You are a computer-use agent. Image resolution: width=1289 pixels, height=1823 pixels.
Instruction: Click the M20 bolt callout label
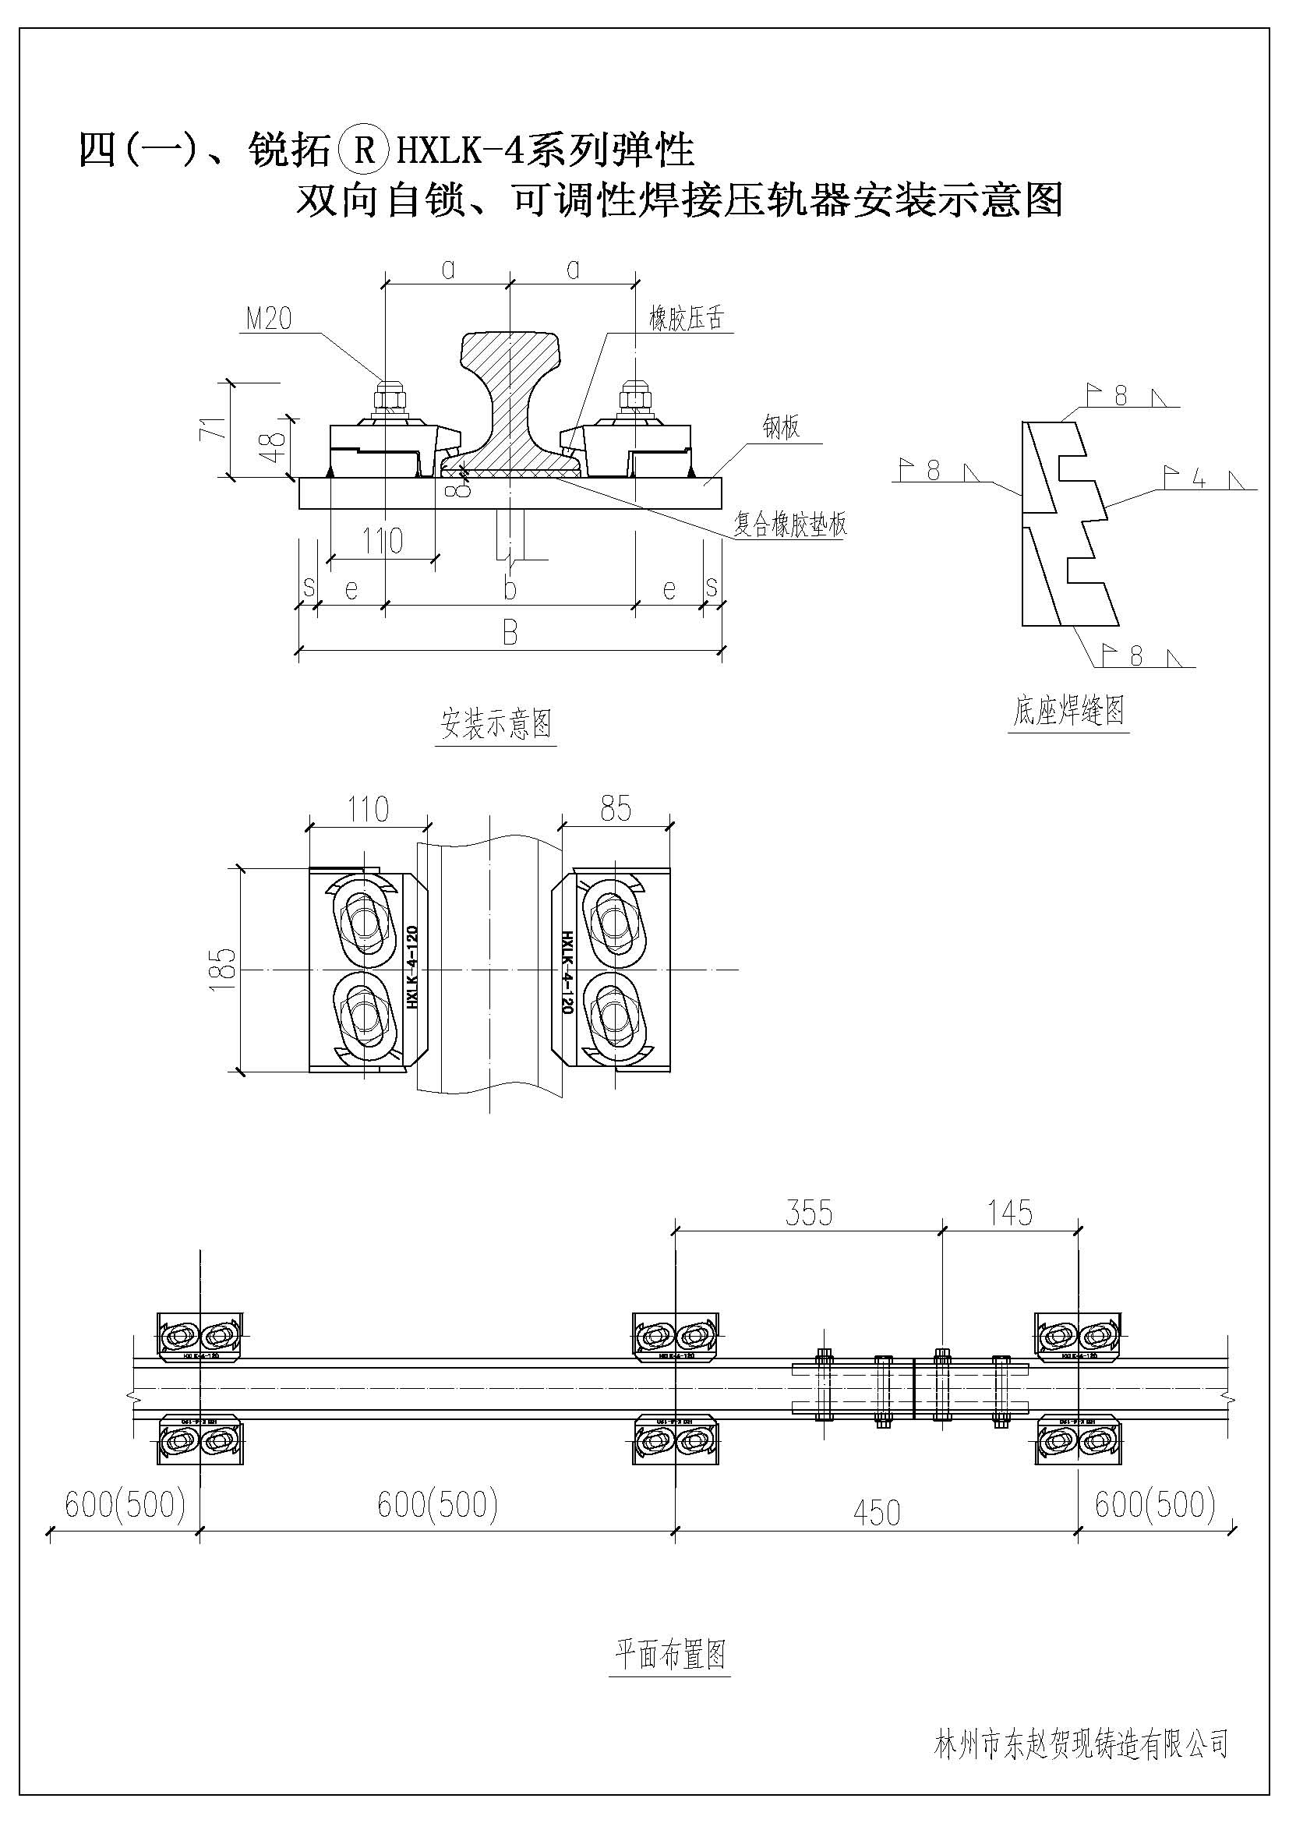pos(269,320)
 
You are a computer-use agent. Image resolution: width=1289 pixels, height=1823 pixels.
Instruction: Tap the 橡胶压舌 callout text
pos(687,320)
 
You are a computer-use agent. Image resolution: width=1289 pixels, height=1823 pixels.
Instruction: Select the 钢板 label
pos(781,428)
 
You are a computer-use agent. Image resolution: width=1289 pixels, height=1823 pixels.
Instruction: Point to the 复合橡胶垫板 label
pos(789,524)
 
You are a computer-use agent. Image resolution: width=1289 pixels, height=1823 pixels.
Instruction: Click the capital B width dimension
pos(510,634)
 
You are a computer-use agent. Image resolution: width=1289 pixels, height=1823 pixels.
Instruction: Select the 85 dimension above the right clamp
pos(616,809)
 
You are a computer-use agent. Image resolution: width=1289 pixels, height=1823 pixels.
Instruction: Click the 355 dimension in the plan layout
pos(809,1214)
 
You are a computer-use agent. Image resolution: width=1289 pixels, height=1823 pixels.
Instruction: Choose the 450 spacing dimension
pos(876,1513)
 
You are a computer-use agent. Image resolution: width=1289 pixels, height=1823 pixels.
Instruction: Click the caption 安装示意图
pos(496,724)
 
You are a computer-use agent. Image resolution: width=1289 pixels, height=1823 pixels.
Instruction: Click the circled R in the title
pos(364,150)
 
